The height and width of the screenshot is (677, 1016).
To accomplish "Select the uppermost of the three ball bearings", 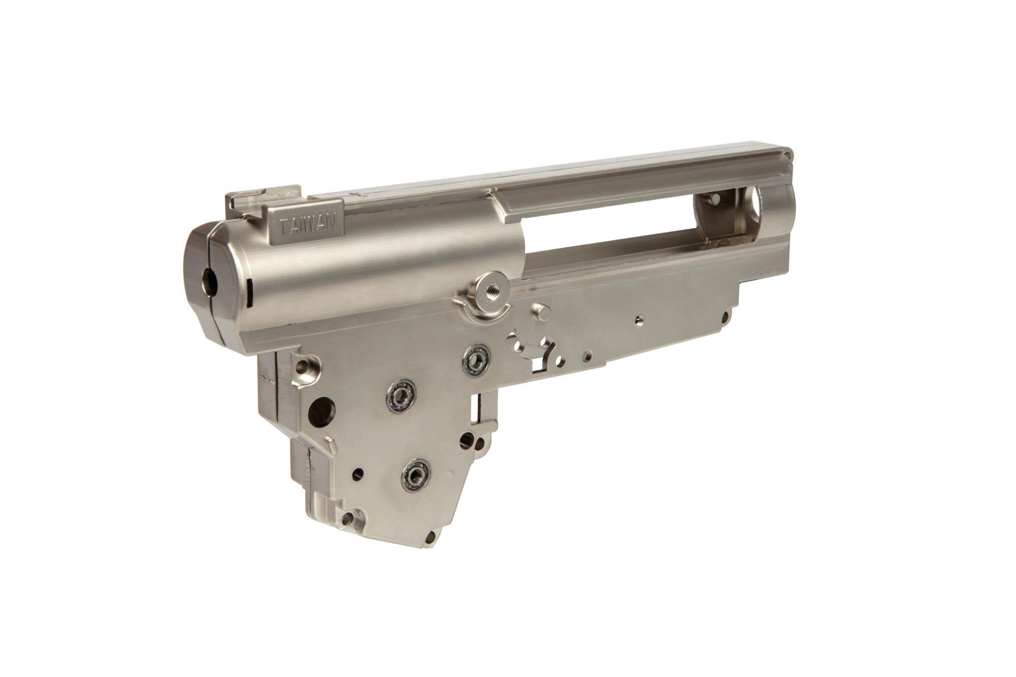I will pos(476,359).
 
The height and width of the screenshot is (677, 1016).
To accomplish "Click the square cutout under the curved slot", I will pos(538,364).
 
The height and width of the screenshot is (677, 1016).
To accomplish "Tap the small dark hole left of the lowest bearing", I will pos(359,475).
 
